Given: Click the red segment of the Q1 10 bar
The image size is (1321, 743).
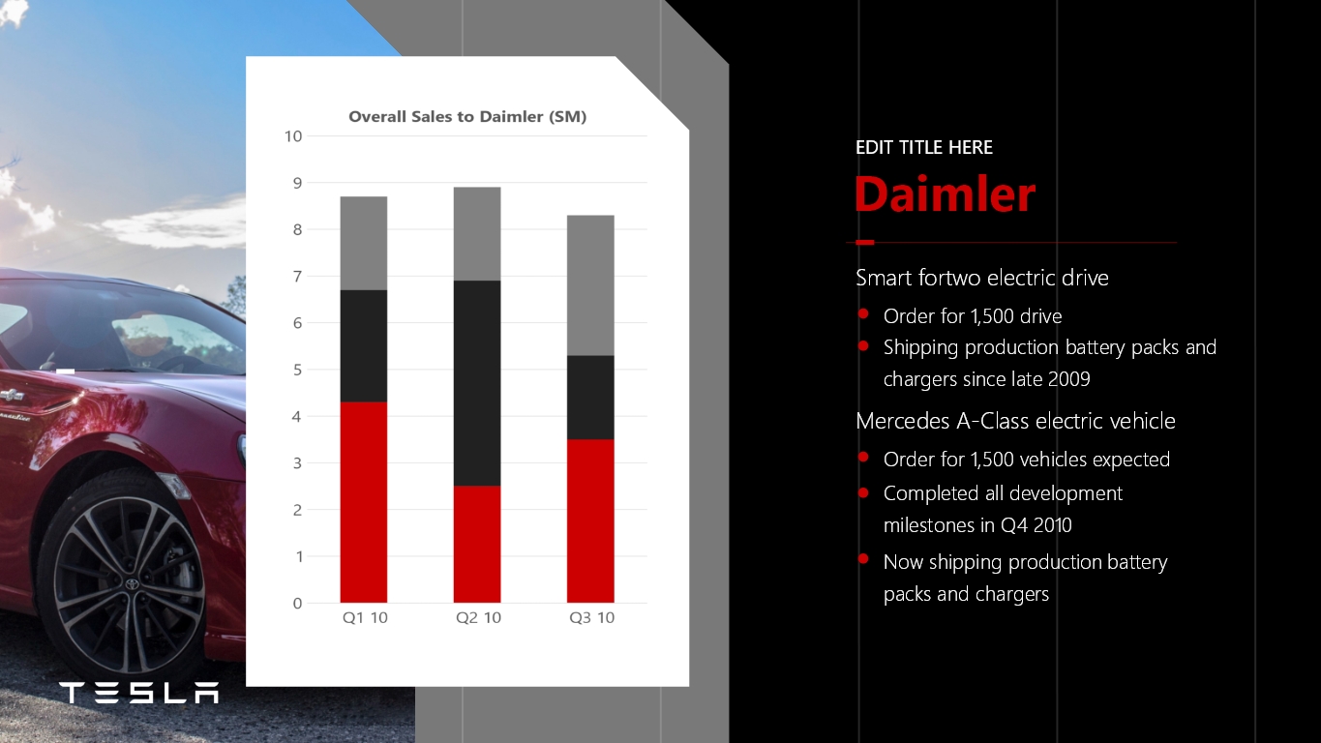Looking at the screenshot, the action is point(363,502).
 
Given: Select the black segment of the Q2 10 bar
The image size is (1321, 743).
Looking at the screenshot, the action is point(477,383).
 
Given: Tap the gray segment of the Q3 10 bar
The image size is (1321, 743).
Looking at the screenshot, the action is point(590,285).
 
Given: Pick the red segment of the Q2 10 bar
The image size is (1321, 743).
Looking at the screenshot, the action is point(477,545).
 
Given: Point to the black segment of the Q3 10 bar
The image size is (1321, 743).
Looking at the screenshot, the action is point(590,398).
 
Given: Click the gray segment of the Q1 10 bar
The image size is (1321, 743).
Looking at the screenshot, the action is point(363,243).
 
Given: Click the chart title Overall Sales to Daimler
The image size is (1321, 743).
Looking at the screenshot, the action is point(467,117).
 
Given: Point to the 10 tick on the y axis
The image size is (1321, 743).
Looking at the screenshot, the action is point(293,136).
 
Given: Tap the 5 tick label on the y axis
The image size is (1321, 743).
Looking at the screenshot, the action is point(297,370).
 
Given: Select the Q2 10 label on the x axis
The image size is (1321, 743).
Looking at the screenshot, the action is point(478,617).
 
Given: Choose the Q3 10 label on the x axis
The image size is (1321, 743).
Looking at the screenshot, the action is point(591,617).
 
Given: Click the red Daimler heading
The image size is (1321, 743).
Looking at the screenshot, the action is point(945,193).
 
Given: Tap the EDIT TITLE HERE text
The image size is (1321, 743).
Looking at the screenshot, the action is point(924,147).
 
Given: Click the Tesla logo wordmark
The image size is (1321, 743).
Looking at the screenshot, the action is point(139,693).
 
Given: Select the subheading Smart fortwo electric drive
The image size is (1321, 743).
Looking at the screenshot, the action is point(982,278).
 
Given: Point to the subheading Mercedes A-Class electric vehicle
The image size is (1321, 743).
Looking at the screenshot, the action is point(1015,421).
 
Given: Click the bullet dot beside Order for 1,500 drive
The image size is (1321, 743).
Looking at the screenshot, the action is point(863,313).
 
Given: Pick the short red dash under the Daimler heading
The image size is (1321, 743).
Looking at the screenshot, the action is point(864,243).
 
